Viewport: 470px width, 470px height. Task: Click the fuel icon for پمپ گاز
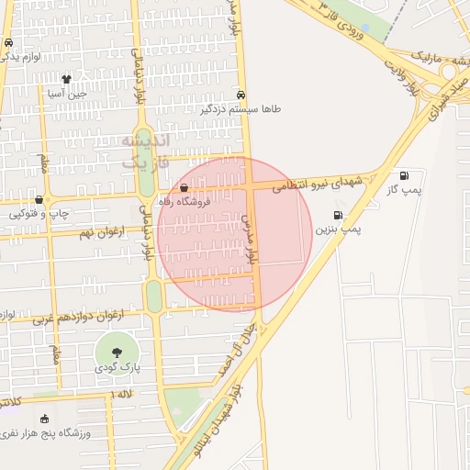pyautogui.click(x=404, y=175)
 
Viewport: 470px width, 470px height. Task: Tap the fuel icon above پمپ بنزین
pyautogui.click(x=338, y=216)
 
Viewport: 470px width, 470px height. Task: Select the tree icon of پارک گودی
pyautogui.click(x=117, y=352)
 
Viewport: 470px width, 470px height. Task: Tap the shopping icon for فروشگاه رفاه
pyautogui.click(x=185, y=187)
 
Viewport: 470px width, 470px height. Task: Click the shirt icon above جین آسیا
pyautogui.click(x=66, y=79)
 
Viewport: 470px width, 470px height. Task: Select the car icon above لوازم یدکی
pyautogui.click(x=8, y=43)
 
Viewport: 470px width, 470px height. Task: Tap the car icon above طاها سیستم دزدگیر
pyautogui.click(x=241, y=94)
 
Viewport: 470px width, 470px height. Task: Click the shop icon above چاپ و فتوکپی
pyautogui.click(x=39, y=199)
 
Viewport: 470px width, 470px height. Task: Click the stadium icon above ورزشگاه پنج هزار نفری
pyautogui.click(x=44, y=419)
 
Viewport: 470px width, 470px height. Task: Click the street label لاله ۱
pyautogui.click(x=120, y=393)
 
